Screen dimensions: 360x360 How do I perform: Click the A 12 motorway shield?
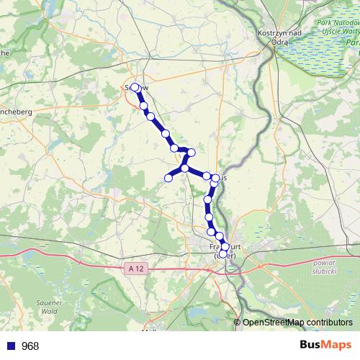[x=135, y=269]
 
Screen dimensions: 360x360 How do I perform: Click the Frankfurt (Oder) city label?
[x=226, y=249]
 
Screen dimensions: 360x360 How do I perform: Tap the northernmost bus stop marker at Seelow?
[x=135, y=88]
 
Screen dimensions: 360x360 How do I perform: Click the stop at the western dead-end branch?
[x=169, y=178]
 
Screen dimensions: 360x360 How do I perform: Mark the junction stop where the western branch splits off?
[x=185, y=168]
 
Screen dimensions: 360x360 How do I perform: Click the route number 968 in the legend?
[x=30, y=346]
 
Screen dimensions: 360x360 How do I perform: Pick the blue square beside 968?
[x=10, y=346]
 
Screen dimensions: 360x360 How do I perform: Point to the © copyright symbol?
[x=238, y=323]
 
